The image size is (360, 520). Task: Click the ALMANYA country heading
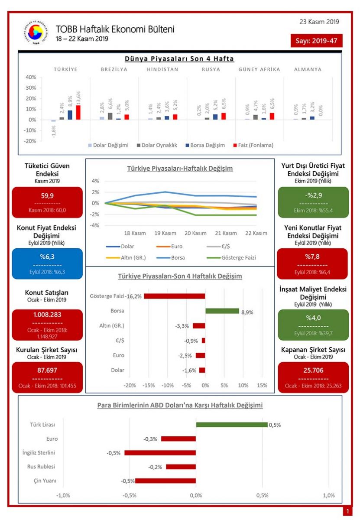[308, 69]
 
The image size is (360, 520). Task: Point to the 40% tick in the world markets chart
[31, 77]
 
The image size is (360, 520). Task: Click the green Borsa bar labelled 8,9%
[222, 311]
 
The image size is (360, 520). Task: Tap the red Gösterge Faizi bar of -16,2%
[174, 296]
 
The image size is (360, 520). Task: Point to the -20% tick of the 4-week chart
[130, 385]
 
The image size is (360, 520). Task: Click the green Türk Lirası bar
[231, 425]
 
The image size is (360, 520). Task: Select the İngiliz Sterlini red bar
[160, 453]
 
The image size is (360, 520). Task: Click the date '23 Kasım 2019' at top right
[319, 22]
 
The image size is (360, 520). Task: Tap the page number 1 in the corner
[347, 512]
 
